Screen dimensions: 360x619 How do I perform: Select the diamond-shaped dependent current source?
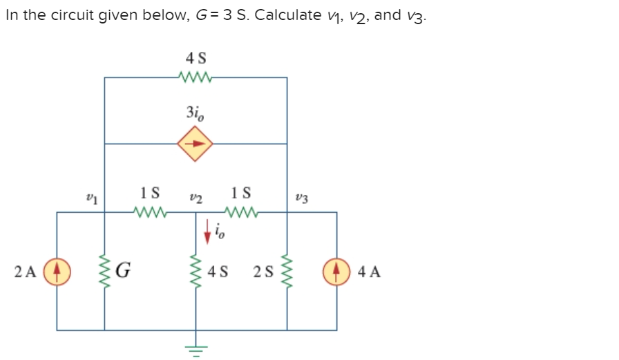tap(195, 144)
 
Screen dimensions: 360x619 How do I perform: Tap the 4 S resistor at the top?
tap(196, 77)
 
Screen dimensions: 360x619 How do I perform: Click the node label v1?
tap(88, 198)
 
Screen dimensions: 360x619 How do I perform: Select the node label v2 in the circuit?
tap(194, 198)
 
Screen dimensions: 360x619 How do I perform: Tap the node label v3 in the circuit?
tap(305, 198)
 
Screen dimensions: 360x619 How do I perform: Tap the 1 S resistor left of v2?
tap(150, 212)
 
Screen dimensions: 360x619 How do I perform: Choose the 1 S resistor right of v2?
tap(242, 212)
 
